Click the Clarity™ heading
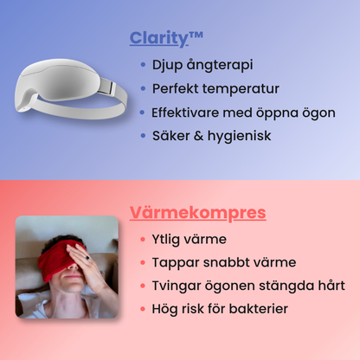(166, 38)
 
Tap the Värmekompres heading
(198, 213)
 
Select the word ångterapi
(220, 65)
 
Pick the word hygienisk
(240, 136)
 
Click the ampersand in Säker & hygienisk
(198, 136)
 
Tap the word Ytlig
(165, 240)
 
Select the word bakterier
(259, 309)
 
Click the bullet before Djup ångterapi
(143, 65)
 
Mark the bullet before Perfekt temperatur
(143, 88)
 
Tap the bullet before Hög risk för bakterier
(143, 309)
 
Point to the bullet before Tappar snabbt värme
(143, 262)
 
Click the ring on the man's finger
(87, 257)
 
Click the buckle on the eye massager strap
(107, 87)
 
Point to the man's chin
(70, 288)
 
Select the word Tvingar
(176, 286)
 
